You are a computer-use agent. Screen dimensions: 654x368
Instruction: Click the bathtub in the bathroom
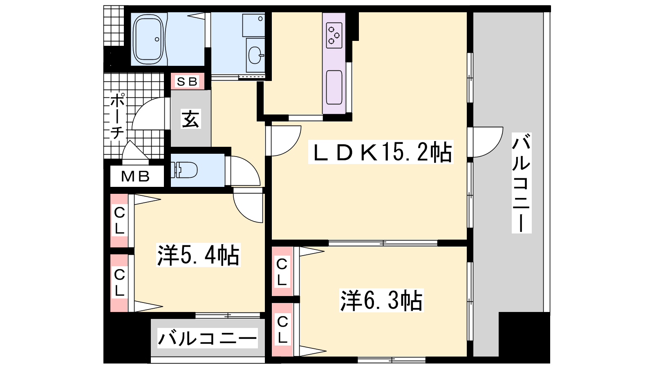pyautogui.click(x=148, y=39)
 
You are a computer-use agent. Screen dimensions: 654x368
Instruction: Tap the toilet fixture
pyautogui.click(x=184, y=170)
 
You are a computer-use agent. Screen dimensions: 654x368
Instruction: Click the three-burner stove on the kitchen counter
pyautogui.click(x=334, y=35)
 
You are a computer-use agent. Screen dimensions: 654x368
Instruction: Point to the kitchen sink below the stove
pyautogui.click(x=334, y=87)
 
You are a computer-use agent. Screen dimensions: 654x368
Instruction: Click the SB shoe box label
pyautogui.click(x=187, y=81)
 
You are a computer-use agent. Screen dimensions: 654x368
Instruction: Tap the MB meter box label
pyautogui.click(x=135, y=176)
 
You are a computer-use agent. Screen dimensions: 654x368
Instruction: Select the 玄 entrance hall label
pyautogui.click(x=190, y=119)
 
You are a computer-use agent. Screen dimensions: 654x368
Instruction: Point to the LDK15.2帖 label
pyautogui.click(x=381, y=152)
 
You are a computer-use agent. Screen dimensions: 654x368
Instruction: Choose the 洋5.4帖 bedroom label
pyautogui.click(x=198, y=255)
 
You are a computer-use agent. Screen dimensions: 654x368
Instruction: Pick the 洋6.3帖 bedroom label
pyautogui.click(x=381, y=300)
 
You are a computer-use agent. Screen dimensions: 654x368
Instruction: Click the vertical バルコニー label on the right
pyautogui.click(x=522, y=183)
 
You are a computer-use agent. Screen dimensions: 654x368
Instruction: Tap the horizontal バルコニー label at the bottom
pyautogui.click(x=208, y=338)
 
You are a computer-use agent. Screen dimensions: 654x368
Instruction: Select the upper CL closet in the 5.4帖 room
pyautogui.click(x=119, y=220)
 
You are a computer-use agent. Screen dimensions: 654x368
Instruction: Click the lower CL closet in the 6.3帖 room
pyautogui.click(x=282, y=330)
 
